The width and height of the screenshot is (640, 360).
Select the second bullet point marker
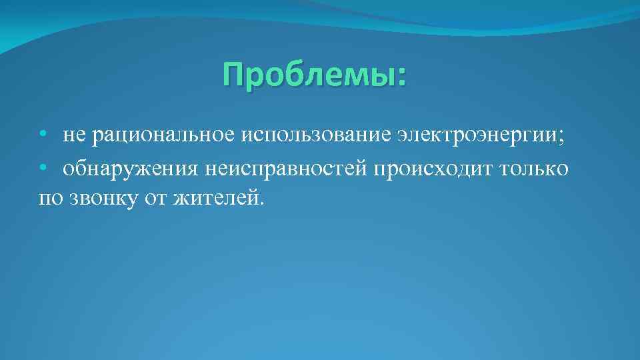pyautogui.click(x=42, y=169)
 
